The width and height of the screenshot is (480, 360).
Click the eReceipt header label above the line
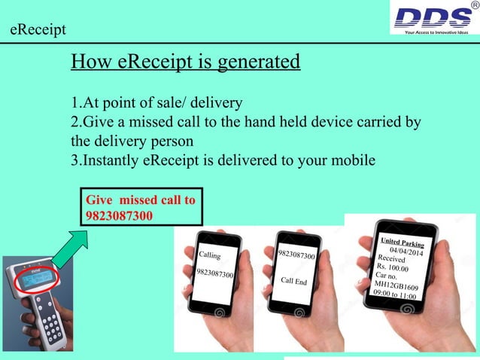(38, 30)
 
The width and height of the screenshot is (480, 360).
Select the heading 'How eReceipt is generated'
(185, 61)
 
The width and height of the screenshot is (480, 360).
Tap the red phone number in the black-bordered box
(120, 215)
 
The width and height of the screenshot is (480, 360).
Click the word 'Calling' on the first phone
(209, 256)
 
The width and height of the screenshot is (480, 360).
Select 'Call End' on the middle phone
(293, 281)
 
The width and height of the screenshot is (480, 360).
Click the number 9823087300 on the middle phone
(296, 257)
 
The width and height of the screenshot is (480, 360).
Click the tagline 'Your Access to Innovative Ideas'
(437, 32)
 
